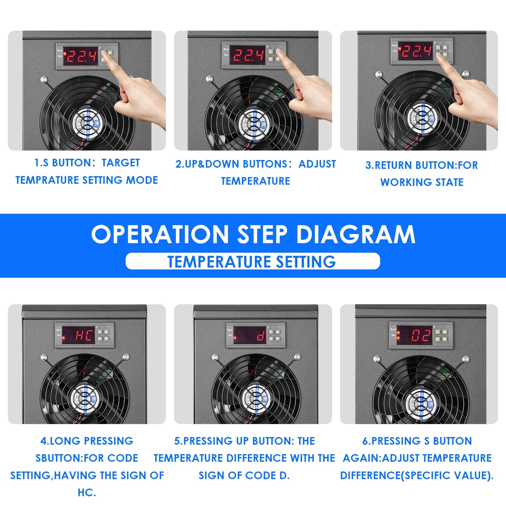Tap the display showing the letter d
point(250,335)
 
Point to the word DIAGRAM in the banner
point(356,234)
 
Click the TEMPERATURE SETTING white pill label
point(252,262)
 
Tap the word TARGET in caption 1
point(121,163)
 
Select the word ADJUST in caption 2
point(317,164)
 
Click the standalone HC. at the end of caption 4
point(87,492)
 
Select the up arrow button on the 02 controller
point(444,332)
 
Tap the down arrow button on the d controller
point(278,339)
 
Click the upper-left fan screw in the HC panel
point(44,358)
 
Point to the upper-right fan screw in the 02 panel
point(465,359)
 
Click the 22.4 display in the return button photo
point(416,51)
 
